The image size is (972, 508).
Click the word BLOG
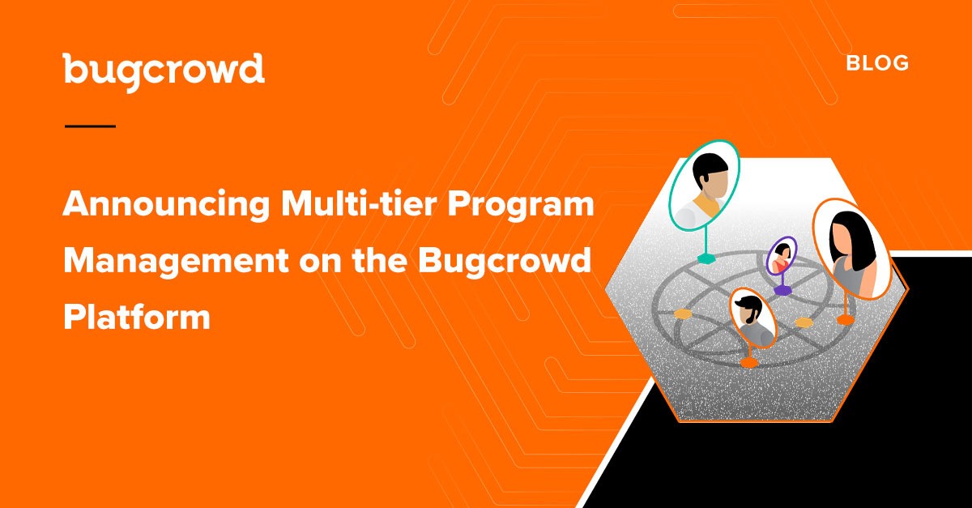[x=877, y=63]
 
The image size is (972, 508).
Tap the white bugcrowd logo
[x=164, y=71]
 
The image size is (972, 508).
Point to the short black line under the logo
[x=90, y=126]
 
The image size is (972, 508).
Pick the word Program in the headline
[x=521, y=205]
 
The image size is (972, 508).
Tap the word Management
[x=177, y=262]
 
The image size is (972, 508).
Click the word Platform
[x=137, y=316]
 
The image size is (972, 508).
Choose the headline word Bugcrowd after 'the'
[x=505, y=262]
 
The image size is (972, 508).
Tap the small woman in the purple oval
[x=782, y=257]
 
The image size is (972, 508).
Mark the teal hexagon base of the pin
[x=706, y=258]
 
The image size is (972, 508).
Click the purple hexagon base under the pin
[x=782, y=289]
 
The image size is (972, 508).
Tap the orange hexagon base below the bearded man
[x=749, y=362]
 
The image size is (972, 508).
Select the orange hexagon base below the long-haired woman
[x=846, y=320]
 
